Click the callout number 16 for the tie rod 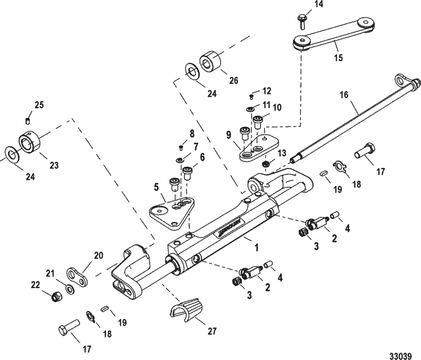coord(343,96)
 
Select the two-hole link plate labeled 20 coord(77,276)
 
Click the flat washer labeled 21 coord(69,288)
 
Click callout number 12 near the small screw coord(267,91)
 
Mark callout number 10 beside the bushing coord(277,107)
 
